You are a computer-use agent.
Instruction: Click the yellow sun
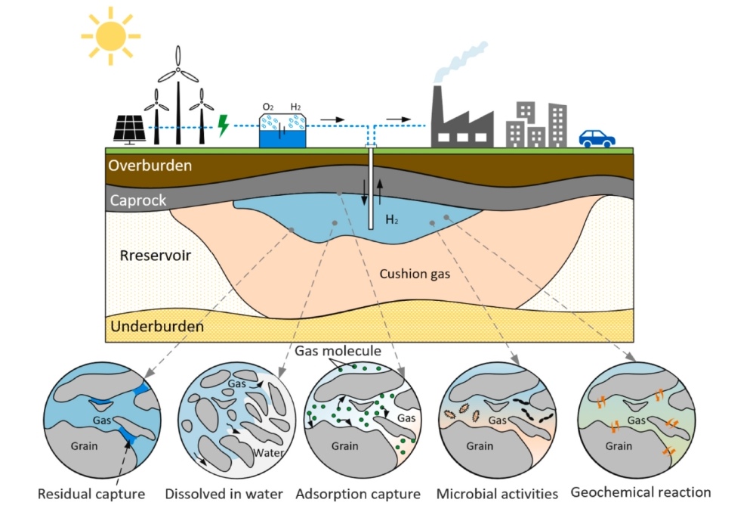pyautogui.click(x=111, y=34)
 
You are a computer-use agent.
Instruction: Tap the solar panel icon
pyautogui.click(x=129, y=129)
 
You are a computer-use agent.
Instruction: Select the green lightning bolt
pyautogui.click(x=222, y=125)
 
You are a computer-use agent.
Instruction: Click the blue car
pyautogui.click(x=597, y=138)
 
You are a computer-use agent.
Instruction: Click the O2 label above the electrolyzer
pyautogui.click(x=267, y=107)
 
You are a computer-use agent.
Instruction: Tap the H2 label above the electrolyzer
pyautogui.click(x=296, y=107)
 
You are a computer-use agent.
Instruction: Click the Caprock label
pyautogui.click(x=137, y=201)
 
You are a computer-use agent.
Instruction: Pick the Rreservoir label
pyautogui.click(x=156, y=255)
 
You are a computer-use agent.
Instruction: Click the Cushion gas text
pyautogui.click(x=415, y=274)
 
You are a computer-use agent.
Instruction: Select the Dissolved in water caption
pyautogui.click(x=224, y=495)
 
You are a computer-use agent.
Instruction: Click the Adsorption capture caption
pyautogui.click(x=358, y=495)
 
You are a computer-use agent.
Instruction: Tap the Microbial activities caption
pyautogui.click(x=497, y=495)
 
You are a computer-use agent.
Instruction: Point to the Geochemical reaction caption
pyautogui.click(x=640, y=492)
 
